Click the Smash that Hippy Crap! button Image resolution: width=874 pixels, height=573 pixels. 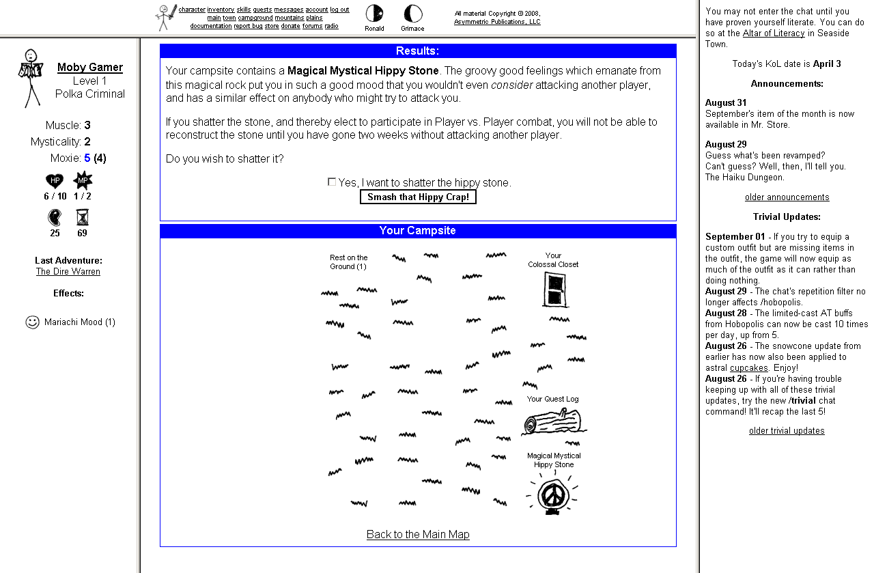click(418, 197)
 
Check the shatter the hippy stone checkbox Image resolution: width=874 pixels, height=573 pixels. click(332, 182)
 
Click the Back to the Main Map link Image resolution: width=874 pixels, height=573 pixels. click(418, 534)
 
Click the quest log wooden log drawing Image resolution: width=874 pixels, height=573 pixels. click(553, 421)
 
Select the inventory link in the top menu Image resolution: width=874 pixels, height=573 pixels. click(221, 10)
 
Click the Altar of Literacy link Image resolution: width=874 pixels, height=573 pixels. click(774, 33)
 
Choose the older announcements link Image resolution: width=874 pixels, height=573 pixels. click(787, 197)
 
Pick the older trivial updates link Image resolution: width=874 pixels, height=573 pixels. click(787, 430)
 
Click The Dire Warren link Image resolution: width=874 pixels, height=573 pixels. click(68, 271)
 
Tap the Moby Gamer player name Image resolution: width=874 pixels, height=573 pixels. click(90, 67)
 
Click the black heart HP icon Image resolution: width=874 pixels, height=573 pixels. click(55, 181)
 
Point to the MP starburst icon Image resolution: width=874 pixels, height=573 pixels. click(83, 181)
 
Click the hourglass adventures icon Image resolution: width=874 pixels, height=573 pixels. click(83, 217)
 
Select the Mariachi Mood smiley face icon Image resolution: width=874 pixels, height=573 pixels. click(32, 322)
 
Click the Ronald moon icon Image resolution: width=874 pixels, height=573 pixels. click(374, 13)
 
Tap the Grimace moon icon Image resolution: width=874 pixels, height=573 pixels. click(412, 13)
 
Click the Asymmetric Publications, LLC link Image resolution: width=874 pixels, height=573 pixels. click(497, 22)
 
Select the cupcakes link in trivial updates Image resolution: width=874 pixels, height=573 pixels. click(748, 367)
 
